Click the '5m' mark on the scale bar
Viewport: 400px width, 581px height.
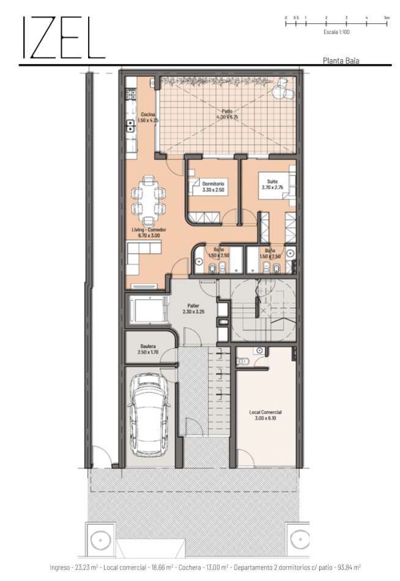point(387,18)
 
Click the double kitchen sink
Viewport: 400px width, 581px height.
point(130,125)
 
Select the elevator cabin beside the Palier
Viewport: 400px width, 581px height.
point(147,310)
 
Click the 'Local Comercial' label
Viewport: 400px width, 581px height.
point(265,415)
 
